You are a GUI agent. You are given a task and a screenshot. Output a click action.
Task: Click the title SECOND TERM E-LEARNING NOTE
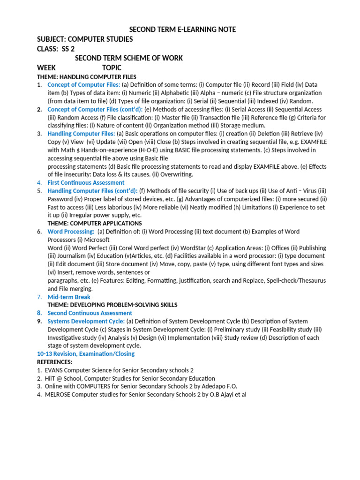pos(182,30)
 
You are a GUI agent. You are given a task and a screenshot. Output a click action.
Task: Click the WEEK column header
pos(46,67)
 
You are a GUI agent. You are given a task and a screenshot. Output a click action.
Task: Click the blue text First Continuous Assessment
pos(86,182)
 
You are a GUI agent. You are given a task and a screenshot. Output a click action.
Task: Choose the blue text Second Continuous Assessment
pos(90,313)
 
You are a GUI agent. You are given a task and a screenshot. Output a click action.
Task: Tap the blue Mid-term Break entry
pos(69,297)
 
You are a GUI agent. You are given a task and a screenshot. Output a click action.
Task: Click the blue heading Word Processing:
pos(71,232)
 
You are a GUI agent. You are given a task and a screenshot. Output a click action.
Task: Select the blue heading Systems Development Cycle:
pos(86,321)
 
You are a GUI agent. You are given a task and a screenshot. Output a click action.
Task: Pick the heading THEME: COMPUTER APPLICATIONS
pos(95,223)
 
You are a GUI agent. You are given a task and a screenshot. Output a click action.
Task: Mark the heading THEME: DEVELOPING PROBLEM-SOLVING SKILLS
pos(112,305)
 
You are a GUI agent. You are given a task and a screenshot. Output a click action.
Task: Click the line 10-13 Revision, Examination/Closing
pos(86,353)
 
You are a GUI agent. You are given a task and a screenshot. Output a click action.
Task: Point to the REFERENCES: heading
pos(55,362)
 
